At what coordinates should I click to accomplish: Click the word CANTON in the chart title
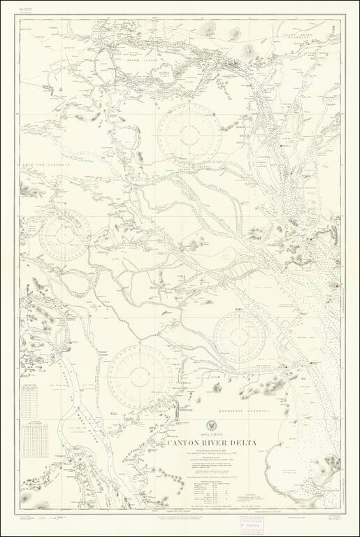click(x=185, y=443)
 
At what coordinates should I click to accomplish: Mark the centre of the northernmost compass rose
click(x=189, y=134)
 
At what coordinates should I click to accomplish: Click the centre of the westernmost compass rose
click(x=64, y=234)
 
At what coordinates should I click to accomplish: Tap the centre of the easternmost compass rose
click(x=239, y=336)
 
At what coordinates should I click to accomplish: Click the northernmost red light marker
click(x=237, y=65)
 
